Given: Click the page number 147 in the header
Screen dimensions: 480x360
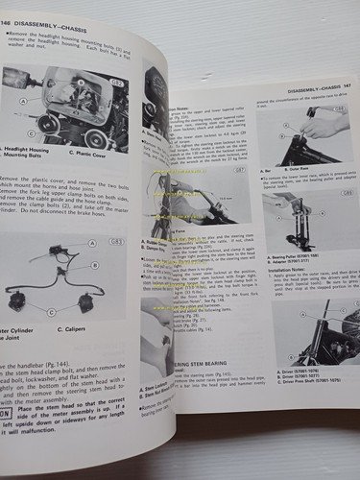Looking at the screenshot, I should [x=347, y=93].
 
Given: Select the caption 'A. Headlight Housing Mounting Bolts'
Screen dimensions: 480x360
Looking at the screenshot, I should [x=27, y=153].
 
